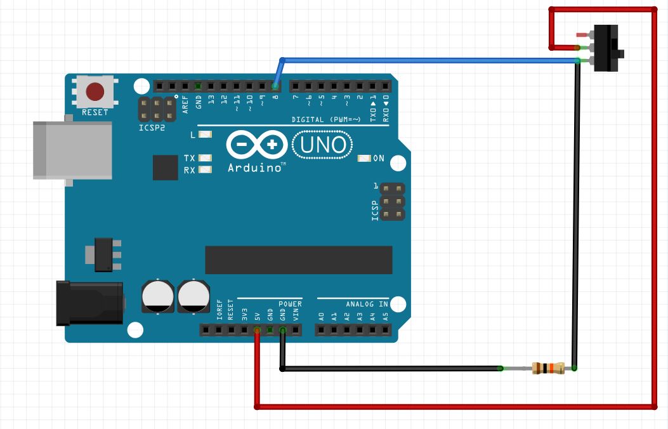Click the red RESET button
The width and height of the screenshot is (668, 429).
click(x=95, y=91)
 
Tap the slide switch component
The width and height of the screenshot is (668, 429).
click(x=608, y=48)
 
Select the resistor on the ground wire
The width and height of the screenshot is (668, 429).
click(x=548, y=368)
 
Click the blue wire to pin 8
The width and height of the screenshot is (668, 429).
click(x=431, y=60)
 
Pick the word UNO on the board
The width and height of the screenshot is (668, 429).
click(x=323, y=145)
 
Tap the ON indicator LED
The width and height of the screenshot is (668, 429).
click(x=364, y=158)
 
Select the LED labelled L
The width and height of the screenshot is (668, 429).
click(x=205, y=135)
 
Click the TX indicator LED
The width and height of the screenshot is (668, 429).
click(x=205, y=158)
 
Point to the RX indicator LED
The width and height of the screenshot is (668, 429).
click(x=205, y=169)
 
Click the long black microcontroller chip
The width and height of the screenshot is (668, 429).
click(x=298, y=260)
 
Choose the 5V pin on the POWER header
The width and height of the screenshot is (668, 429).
click(x=257, y=330)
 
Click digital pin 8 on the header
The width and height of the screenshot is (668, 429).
click(x=275, y=86)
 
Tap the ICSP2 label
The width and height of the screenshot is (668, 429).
click(x=152, y=127)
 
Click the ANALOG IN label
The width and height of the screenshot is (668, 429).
click(x=366, y=304)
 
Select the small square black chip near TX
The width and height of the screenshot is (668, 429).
click(x=166, y=168)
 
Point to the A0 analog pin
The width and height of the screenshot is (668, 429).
click(x=322, y=330)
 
